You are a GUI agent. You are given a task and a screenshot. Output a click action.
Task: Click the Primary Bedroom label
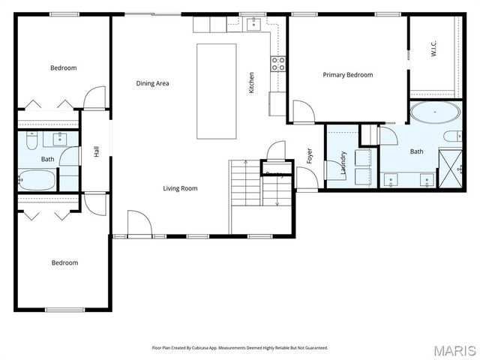pyautogui.click(x=347, y=75)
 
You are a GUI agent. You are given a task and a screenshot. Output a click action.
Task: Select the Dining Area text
pyautogui.click(x=152, y=83)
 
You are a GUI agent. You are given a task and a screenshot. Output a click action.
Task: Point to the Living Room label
pyautogui.click(x=180, y=188)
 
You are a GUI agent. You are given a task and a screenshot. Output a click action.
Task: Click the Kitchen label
pyautogui.click(x=251, y=82)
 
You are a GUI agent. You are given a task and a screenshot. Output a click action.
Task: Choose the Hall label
pyautogui.click(x=96, y=151)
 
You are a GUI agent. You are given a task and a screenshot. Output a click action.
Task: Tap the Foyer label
pyautogui.click(x=308, y=155)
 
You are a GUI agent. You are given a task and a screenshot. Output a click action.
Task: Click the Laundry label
pyautogui.click(x=343, y=163)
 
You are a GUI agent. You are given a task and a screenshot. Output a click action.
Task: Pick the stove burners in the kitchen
pyautogui.click(x=278, y=64)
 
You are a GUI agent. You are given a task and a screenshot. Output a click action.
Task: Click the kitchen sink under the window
pyautogui.click(x=254, y=25)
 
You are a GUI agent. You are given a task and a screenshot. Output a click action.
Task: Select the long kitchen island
pyautogui.click(x=216, y=91)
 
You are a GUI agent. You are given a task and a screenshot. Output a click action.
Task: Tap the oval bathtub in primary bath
pyautogui.click(x=435, y=114)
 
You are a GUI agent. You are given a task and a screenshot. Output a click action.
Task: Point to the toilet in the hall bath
pyautogui.click(x=31, y=140)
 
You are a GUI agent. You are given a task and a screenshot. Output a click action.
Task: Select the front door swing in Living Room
pyautogui.click(x=139, y=223)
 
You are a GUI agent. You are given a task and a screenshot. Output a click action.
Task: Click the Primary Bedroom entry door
pyautogui.click(x=303, y=112)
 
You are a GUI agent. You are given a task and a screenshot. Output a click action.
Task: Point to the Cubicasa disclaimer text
pyautogui.click(x=240, y=348)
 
